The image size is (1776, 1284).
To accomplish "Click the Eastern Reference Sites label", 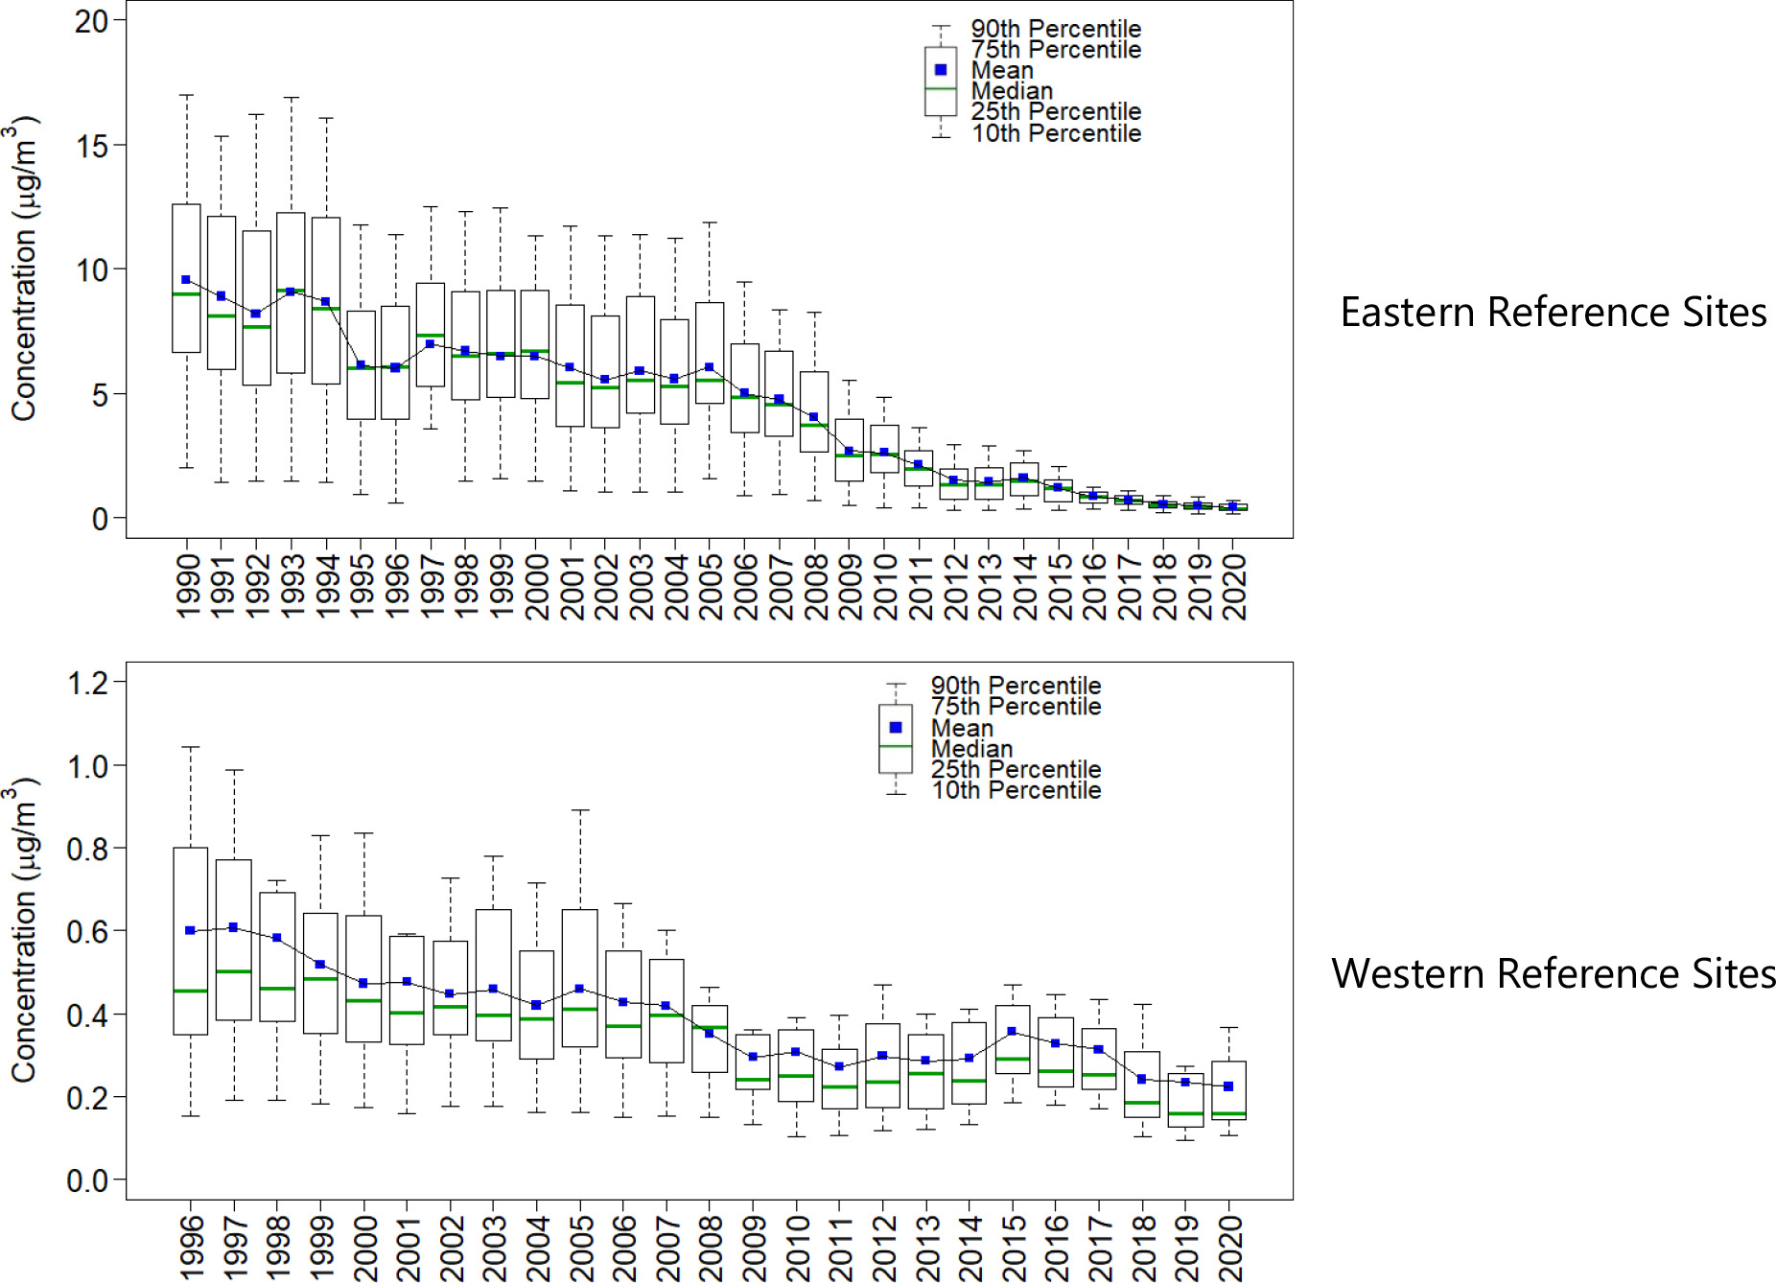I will [x=1553, y=313].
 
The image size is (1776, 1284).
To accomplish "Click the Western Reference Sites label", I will [x=1553, y=974].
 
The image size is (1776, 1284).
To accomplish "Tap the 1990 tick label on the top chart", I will [x=188, y=586].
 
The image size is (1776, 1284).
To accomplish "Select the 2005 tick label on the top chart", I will [x=711, y=586].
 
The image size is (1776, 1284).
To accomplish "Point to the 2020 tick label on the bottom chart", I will [x=1230, y=1248].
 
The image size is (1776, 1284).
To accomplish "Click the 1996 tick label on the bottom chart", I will [x=192, y=1248].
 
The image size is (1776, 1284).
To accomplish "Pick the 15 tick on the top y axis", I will [x=92, y=146].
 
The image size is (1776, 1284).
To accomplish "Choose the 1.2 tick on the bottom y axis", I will [x=87, y=684].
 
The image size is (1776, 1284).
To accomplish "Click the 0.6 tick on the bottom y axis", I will [x=87, y=931].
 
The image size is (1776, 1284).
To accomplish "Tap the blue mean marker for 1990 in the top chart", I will [x=186, y=280].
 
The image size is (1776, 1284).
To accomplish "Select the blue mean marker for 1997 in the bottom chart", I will [x=233, y=927].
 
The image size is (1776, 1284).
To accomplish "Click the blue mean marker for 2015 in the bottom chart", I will [x=1012, y=1032].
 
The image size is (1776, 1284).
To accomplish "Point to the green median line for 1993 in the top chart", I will [x=291, y=291].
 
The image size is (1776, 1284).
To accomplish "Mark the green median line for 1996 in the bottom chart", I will [x=191, y=991].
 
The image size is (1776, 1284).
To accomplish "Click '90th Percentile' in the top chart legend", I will [x=1056, y=29].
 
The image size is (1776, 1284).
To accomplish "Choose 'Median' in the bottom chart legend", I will [x=971, y=749].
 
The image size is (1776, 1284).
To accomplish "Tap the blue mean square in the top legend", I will [x=941, y=70].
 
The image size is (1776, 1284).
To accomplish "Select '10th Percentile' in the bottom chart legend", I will [x=1016, y=790].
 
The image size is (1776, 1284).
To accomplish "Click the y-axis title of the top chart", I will [x=23, y=268].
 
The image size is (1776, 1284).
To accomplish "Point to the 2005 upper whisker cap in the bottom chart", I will [x=579, y=810].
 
